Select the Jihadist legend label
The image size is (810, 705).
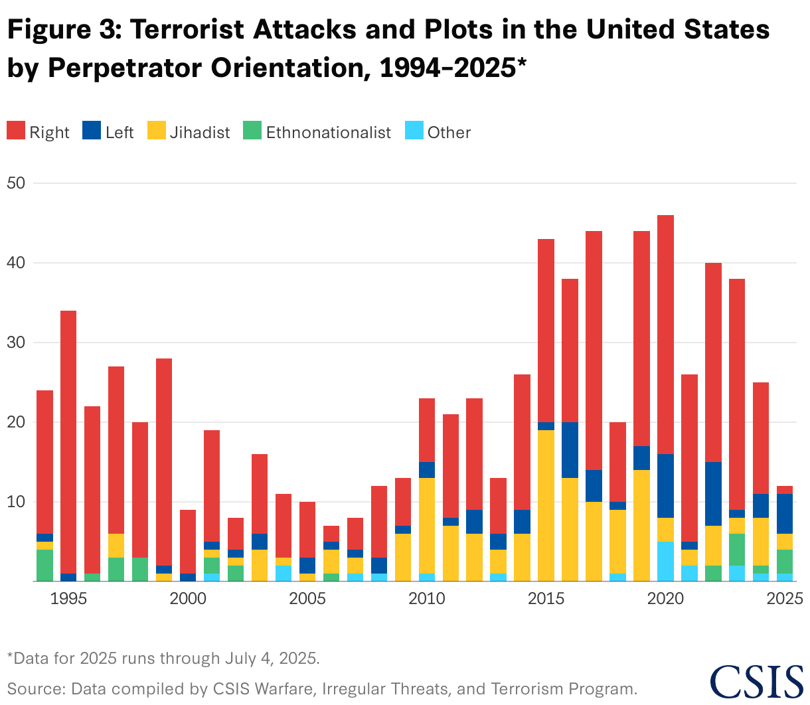199,132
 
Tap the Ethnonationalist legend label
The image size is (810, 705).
328,132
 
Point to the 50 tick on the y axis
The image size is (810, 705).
15,183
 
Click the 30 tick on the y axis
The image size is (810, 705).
15,343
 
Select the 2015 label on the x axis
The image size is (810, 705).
546,599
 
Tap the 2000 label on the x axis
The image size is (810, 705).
188,599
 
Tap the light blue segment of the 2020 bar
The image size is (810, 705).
665,562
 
